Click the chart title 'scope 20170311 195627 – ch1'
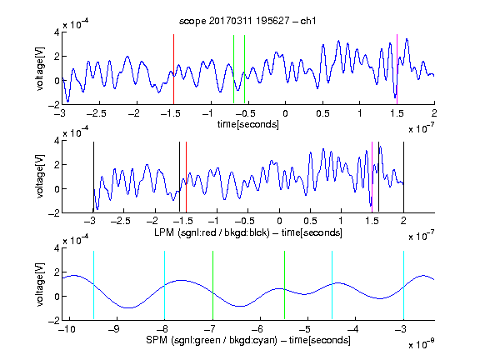[x=247, y=21]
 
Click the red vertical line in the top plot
[x=173, y=69]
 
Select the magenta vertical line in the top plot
[x=397, y=69]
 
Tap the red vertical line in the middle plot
[x=186, y=177]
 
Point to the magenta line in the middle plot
[x=372, y=177]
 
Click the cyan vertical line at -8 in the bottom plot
[x=164, y=285]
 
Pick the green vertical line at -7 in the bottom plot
[x=212, y=285]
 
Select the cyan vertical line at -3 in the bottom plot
[x=403, y=285]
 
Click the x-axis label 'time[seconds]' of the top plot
[x=248, y=125]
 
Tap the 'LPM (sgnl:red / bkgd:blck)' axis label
[x=212, y=232]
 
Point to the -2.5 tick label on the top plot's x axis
[x=96, y=114]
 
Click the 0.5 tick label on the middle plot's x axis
[x=310, y=221]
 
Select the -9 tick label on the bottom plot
[x=114, y=329]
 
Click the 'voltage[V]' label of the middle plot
[x=40, y=177]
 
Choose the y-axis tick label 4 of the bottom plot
[x=57, y=248]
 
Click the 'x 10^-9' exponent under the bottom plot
[x=422, y=344]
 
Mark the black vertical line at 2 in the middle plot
[x=403, y=177]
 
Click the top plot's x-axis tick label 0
[x=285, y=114]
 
